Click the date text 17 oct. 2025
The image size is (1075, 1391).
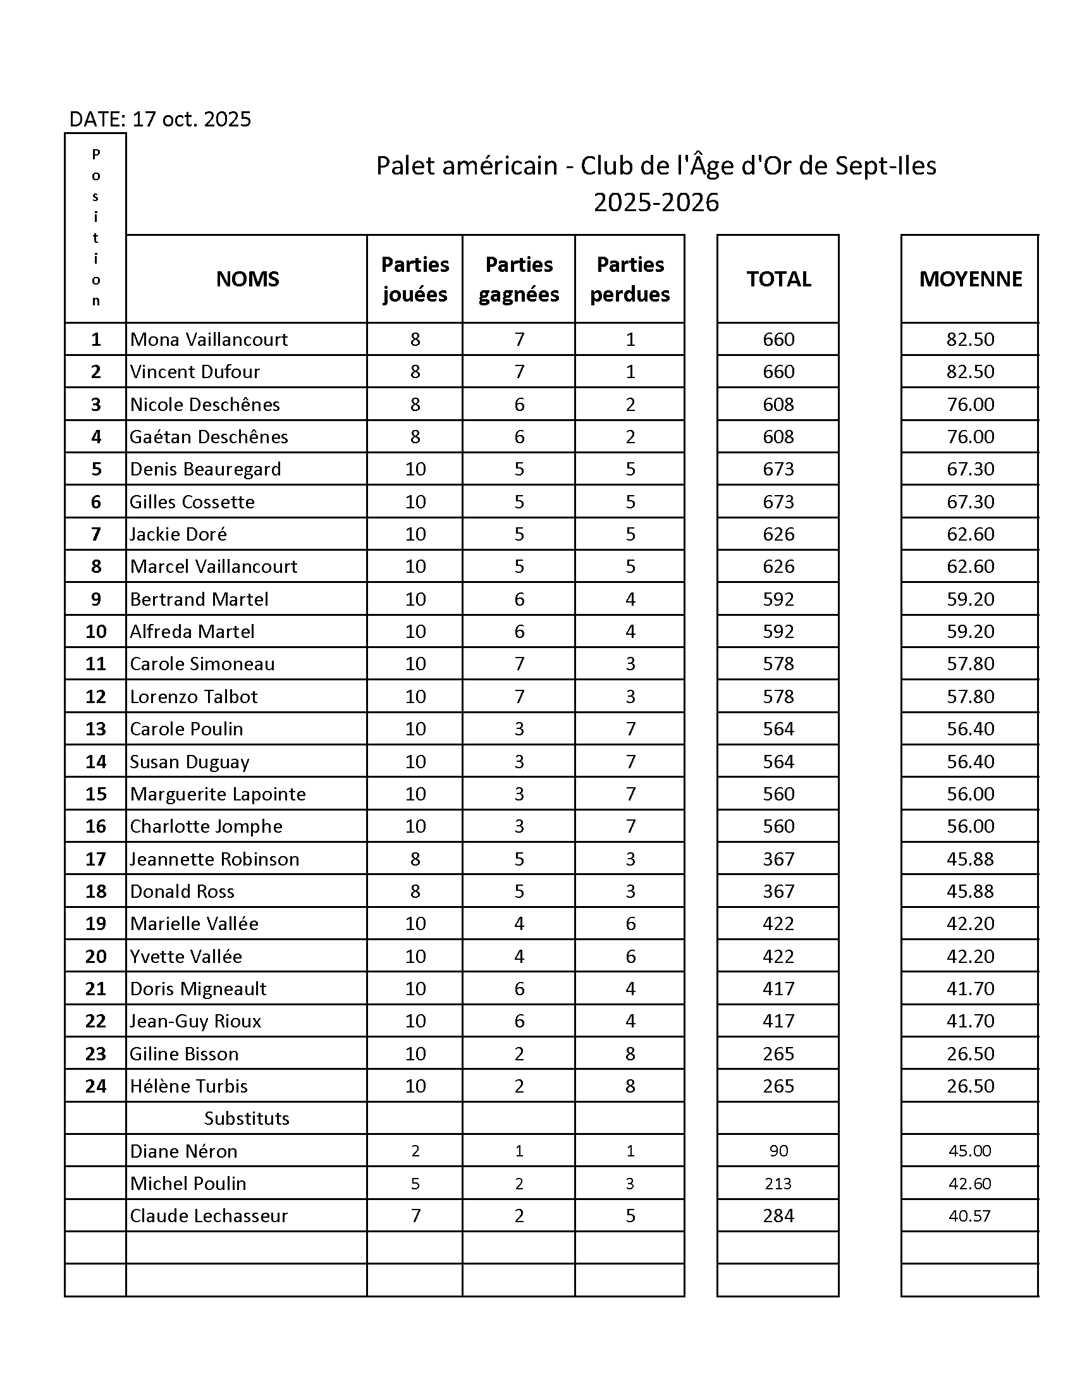(191, 119)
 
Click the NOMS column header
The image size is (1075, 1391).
(247, 279)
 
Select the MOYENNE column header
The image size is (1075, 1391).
(970, 279)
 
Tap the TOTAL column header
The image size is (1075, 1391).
(778, 279)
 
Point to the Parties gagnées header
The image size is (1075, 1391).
(519, 279)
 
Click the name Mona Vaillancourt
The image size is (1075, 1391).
(209, 340)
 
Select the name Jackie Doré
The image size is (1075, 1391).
(178, 534)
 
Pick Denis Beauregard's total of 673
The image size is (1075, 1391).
(778, 469)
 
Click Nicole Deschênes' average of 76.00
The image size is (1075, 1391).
(970, 405)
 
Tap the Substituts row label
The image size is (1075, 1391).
(247, 1118)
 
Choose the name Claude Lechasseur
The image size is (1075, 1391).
(209, 1216)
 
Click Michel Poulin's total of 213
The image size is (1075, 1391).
(778, 1184)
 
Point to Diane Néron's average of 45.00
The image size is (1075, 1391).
(970, 1151)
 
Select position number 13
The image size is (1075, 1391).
(95, 728)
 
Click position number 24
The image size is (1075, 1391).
(95, 1086)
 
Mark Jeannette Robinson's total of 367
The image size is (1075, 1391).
(778, 859)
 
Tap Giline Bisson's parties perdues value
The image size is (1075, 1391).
(630, 1053)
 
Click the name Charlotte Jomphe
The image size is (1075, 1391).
(206, 827)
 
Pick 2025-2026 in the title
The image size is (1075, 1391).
(656, 202)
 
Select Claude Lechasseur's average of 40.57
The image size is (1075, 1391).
(970, 1216)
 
